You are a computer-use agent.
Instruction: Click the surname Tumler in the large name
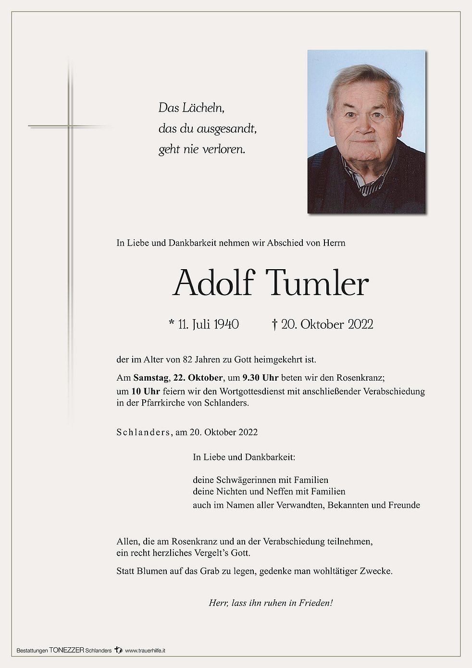coord(317,283)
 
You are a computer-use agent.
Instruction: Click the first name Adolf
coord(213,283)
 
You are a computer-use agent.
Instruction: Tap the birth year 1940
coord(226,324)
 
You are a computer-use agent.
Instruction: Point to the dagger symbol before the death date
coord(274,325)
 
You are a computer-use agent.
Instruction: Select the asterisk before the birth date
coord(172,323)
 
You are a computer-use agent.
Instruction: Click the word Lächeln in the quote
coord(203,108)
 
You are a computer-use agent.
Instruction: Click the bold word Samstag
coord(151,378)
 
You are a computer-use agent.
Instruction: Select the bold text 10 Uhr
coord(145,391)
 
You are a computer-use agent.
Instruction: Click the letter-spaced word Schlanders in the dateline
coord(143,432)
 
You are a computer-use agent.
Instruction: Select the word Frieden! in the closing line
coord(316,603)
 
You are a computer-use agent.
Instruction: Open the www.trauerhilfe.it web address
coord(145,650)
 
